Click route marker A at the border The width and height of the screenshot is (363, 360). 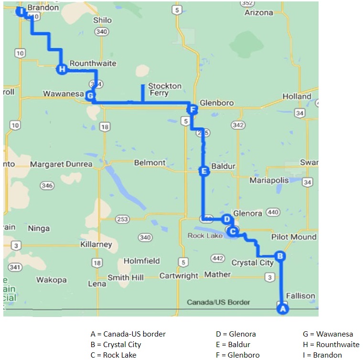[282, 309]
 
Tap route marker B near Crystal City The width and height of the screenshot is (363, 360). [280, 256]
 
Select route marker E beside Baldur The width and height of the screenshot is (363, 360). [204, 171]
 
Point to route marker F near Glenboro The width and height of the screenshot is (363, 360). [192, 110]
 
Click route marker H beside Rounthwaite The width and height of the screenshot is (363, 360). [62, 69]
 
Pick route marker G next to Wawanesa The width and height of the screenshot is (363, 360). [90, 95]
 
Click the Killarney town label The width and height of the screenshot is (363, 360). [96, 244]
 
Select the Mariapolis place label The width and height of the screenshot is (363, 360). [269, 180]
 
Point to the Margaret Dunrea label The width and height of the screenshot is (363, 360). [61, 164]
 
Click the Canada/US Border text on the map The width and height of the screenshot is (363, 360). [218, 302]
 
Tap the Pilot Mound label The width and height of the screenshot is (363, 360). [294, 237]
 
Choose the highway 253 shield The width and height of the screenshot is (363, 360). [123, 219]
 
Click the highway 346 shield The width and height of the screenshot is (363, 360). [47, 185]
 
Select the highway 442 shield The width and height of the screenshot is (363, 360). [218, 258]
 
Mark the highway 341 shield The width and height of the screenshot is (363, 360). [15, 267]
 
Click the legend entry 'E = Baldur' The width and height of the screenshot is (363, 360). [233, 344]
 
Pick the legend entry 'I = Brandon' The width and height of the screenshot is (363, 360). [322, 355]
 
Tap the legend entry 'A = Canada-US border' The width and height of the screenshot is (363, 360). [128, 334]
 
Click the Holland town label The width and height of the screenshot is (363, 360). [297, 96]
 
